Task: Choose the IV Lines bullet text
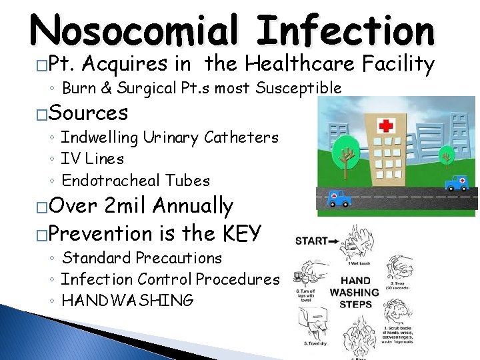[92, 159]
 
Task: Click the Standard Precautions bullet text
[141, 257]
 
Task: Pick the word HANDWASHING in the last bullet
[127, 301]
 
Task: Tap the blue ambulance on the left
[339, 198]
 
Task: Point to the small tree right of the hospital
[445, 157]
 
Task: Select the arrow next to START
[334, 241]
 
